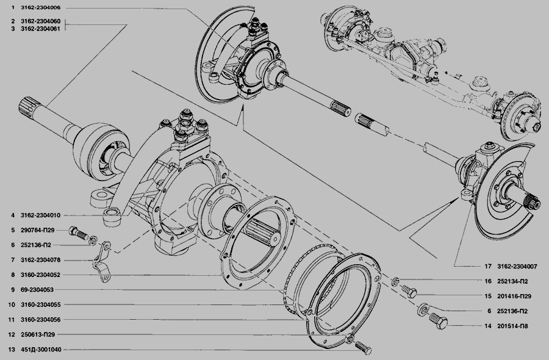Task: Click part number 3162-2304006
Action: click(41, 8)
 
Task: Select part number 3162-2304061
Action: click(41, 29)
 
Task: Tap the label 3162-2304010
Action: click(41, 215)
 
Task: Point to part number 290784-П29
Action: click(37, 230)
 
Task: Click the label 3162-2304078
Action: click(41, 260)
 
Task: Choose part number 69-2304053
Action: click(37, 290)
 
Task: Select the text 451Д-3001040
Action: click(41, 349)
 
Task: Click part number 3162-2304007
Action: click(517, 267)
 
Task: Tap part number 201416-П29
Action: click(514, 297)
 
